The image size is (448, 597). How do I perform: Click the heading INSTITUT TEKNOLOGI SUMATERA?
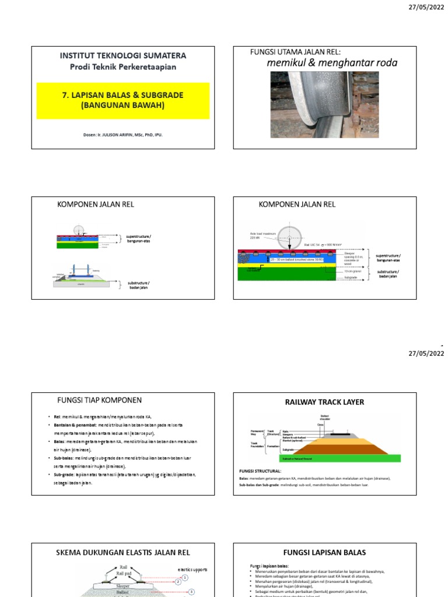coord(123,55)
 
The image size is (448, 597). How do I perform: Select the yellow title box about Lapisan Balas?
coord(123,100)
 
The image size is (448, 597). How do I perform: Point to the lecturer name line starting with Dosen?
coord(123,135)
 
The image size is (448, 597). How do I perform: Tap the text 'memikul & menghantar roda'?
coord(332,63)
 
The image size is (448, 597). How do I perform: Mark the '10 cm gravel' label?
coord(353,271)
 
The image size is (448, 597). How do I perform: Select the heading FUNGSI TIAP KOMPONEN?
coord(99,400)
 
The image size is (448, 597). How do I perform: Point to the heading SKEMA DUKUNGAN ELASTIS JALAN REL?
coord(123,552)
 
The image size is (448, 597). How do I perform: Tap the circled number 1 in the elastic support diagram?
coord(185,577)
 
